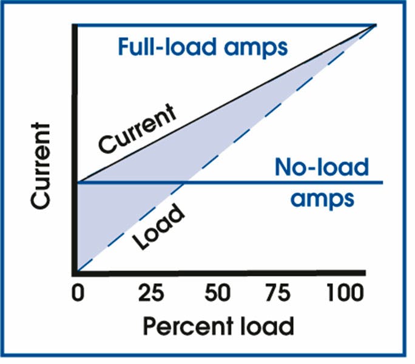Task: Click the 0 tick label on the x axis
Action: (78, 295)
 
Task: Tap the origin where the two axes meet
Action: (75, 273)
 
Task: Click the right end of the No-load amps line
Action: (382, 181)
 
